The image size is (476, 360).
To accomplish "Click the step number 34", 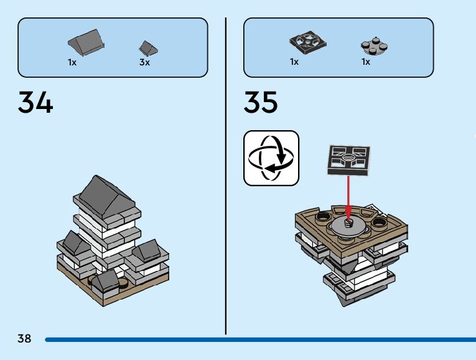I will tap(35, 103).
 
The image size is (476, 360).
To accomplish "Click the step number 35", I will tap(261, 103).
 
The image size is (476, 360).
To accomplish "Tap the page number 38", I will tap(24, 339).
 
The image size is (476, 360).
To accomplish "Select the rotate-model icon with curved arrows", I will tap(271, 158).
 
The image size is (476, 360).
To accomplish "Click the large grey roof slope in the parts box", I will tap(86, 43).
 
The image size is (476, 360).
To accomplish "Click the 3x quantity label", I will tap(144, 63).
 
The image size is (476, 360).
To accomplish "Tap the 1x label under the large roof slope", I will tap(72, 63).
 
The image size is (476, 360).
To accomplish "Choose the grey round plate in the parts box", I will tap(371, 46).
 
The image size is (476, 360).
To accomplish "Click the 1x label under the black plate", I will tap(294, 62).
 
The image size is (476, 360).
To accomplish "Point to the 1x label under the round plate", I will tap(366, 62).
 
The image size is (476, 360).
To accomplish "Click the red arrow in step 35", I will tap(348, 199).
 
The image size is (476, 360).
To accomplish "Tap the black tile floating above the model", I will tap(348, 159).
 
